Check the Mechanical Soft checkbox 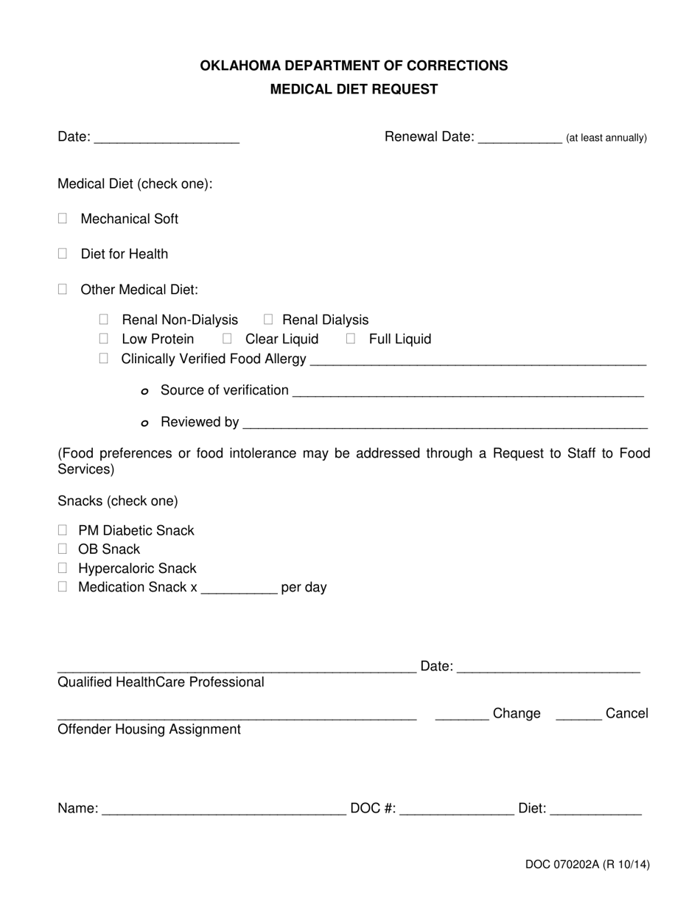click(63, 219)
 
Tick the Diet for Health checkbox click(63, 253)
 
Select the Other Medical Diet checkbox click(63, 289)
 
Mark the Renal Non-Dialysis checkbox click(104, 320)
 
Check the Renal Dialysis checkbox click(268, 320)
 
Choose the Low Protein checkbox click(104, 339)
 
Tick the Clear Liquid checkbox click(228, 339)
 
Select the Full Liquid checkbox click(351, 339)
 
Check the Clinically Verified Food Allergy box click(104, 359)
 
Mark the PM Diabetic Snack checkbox click(63, 530)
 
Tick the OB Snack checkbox click(63, 549)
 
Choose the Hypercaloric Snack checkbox click(63, 568)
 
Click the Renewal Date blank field click(519, 138)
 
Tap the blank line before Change click(462, 714)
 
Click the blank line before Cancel click(578, 714)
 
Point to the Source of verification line click(468, 390)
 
